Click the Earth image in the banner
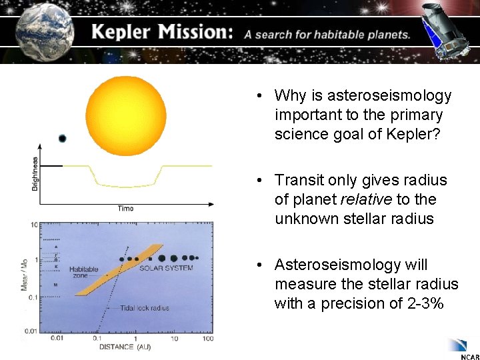[x=41, y=31]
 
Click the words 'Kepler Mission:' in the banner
[x=161, y=33]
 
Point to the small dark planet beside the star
[x=62, y=139]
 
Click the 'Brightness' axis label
[x=35, y=174]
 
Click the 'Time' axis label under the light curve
[x=125, y=209]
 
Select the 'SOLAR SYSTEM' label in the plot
[x=166, y=269]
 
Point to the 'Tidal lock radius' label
[x=145, y=308]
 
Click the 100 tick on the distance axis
[x=207, y=339]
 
